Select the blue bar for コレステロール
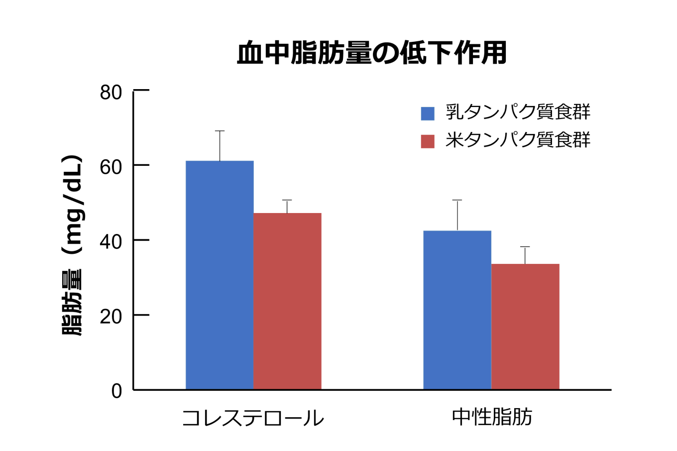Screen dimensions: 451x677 [x=220, y=275]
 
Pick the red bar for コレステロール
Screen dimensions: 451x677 [x=287, y=301]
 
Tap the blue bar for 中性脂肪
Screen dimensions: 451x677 [x=457, y=310]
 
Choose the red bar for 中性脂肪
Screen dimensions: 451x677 [x=525, y=326]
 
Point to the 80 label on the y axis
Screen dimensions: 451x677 [x=111, y=93]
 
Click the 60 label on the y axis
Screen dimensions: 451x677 [x=111, y=167]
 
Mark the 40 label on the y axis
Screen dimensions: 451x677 [x=111, y=242]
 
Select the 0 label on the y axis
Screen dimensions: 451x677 [x=116, y=391]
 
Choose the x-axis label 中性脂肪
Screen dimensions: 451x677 [x=492, y=417]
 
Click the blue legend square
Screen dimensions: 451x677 [x=428, y=113]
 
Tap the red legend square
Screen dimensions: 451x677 [x=428, y=141]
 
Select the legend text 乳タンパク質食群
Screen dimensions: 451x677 [x=518, y=113]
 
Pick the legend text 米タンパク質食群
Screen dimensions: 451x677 [x=518, y=140]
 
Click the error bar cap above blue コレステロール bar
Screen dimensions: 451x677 [x=220, y=131]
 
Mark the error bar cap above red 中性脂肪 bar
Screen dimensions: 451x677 [x=525, y=247]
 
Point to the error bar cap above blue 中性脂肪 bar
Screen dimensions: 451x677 [x=457, y=200]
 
